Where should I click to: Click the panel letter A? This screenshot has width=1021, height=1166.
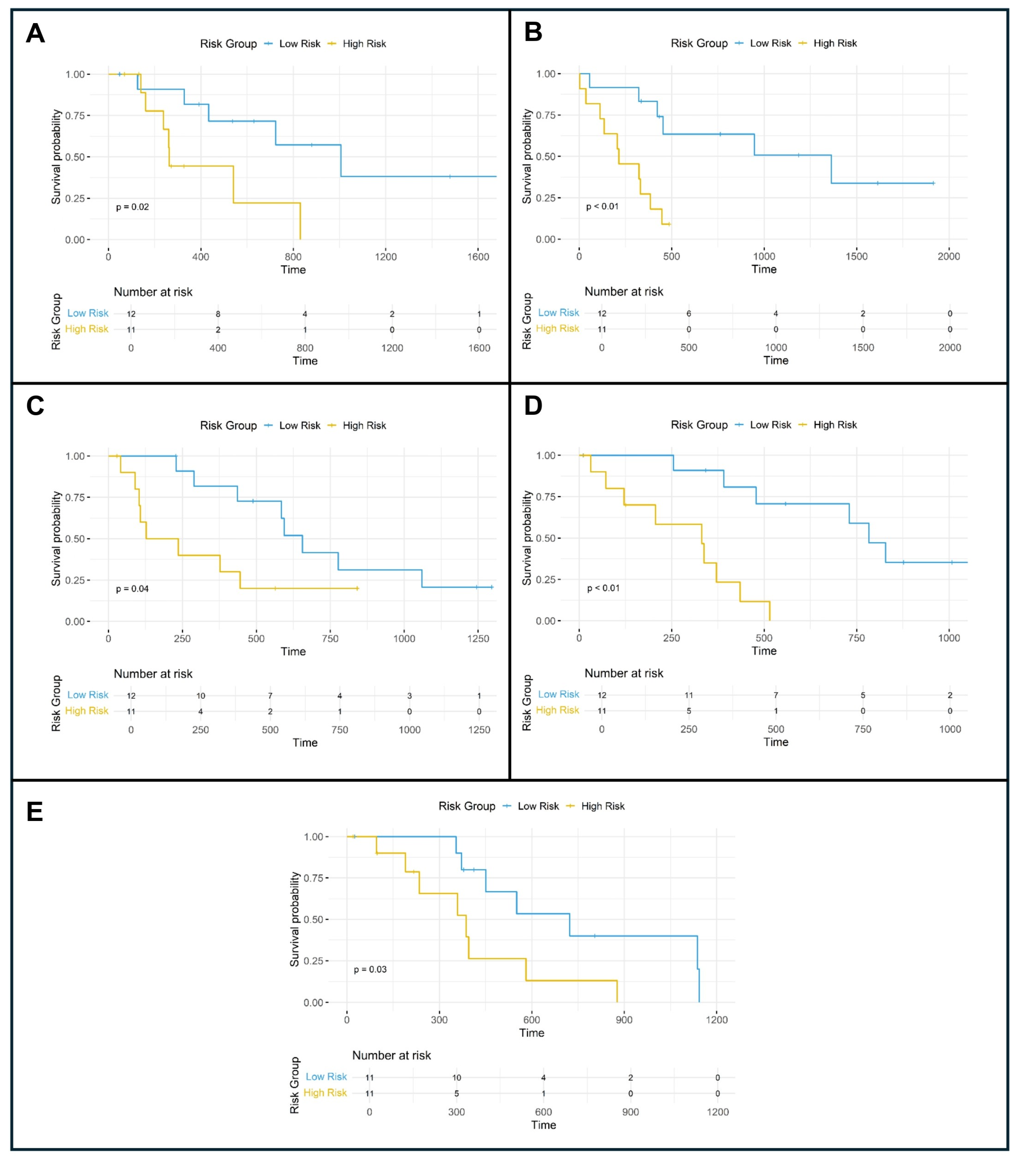tap(35, 34)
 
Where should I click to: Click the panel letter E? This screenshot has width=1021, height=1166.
tap(35, 811)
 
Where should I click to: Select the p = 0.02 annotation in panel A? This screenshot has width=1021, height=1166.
tap(132, 207)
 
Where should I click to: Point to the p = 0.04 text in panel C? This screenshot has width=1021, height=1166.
tap(132, 589)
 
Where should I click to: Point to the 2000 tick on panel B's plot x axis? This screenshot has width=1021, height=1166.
tap(949, 256)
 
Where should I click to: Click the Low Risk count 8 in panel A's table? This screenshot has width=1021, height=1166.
tap(218, 314)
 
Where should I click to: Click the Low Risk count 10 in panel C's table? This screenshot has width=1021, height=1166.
tap(201, 696)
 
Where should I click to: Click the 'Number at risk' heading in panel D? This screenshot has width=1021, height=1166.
tap(624, 673)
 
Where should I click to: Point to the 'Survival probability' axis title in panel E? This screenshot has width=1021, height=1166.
tap(295, 920)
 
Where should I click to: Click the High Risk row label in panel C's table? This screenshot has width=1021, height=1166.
tap(86, 711)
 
